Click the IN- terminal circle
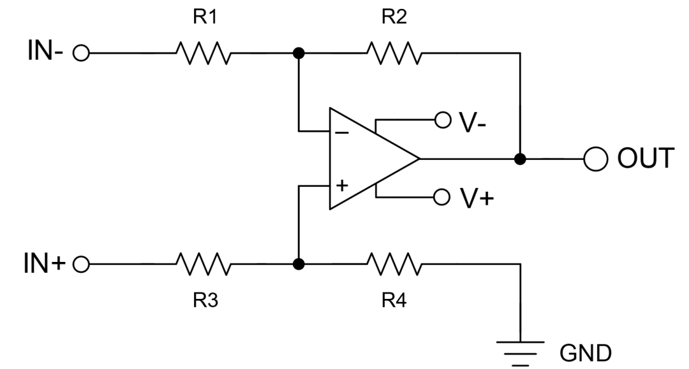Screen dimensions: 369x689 tap(81, 54)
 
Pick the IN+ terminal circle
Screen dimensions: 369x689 tap(81, 263)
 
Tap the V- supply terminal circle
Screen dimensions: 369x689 tap(440, 119)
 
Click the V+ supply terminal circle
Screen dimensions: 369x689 tap(440, 197)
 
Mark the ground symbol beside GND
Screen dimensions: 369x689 tap(521, 350)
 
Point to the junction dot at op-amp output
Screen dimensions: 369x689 tap(521, 159)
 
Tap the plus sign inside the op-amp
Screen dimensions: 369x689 tap(343, 185)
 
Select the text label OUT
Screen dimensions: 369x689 tap(645, 159)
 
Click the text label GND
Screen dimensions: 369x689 tap(586, 352)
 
